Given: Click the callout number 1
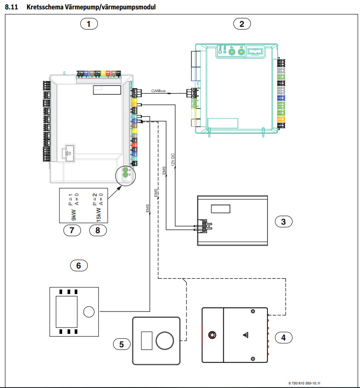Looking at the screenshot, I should (89, 24).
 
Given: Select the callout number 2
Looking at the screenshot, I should (241, 24).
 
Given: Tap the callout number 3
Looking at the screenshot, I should (283, 221).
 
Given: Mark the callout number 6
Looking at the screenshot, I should (79, 265).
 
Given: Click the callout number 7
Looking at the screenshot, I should (72, 230).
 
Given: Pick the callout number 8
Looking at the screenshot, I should (98, 230).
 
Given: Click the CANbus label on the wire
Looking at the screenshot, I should (158, 91).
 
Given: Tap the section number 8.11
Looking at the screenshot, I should (12, 8).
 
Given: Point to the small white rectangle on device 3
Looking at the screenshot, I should (220, 209).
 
